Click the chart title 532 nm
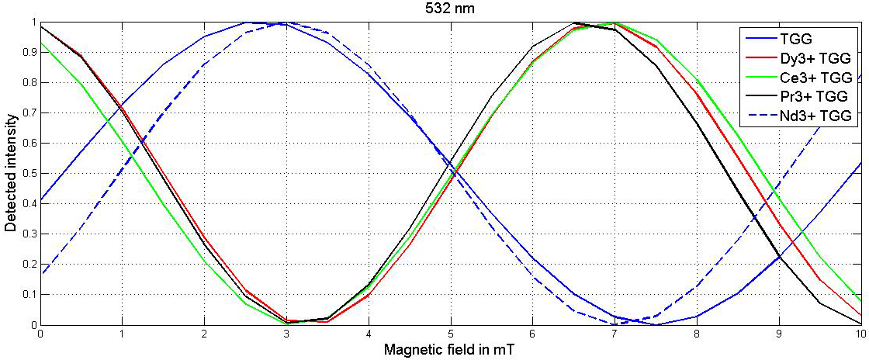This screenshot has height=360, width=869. click(x=449, y=9)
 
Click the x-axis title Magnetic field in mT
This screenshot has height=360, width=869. click(x=449, y=350)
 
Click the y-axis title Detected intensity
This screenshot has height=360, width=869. click(x=10, y=173)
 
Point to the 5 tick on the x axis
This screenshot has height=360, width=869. click(x=450, y=334)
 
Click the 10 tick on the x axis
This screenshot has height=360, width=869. click(x=860, y=334)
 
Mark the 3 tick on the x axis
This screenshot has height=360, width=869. click(x=286, y=334)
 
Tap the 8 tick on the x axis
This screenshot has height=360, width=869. click(x=697, y=334)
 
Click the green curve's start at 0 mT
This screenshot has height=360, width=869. click(x=40, y=43)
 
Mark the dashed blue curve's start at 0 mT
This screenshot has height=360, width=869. click(x=40, y=272)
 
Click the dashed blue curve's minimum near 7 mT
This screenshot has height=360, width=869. click(x=615, y=324)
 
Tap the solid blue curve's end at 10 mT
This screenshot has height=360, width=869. click(x=860, y=162)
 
